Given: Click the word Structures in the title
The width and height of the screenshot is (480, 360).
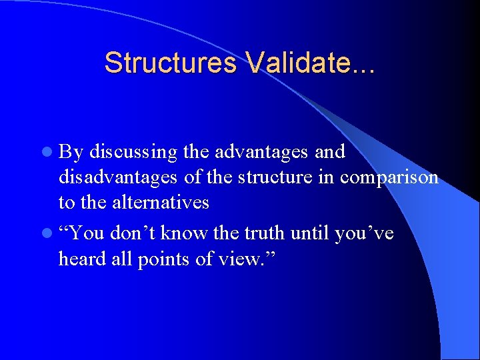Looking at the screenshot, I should click(171, 63).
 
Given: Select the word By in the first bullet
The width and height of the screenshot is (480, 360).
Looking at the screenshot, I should click(71, 153).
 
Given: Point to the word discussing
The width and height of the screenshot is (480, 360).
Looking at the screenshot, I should click(133, 152).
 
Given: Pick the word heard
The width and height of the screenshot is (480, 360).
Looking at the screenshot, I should click(81, 259).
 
